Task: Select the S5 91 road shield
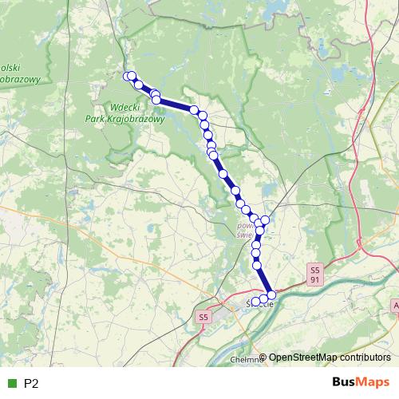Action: coord(315,274)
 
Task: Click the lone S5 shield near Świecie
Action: coord(203,317)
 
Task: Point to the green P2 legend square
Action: coord(11,384)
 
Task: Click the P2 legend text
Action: coord(32,384)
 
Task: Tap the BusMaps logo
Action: coord(361,383)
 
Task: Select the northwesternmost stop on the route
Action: coord(127,76)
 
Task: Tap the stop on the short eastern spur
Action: coord(266,220)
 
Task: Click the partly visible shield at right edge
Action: coord(396,306)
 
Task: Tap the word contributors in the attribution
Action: coord(363,358)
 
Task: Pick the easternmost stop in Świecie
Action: coord(271,296)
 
